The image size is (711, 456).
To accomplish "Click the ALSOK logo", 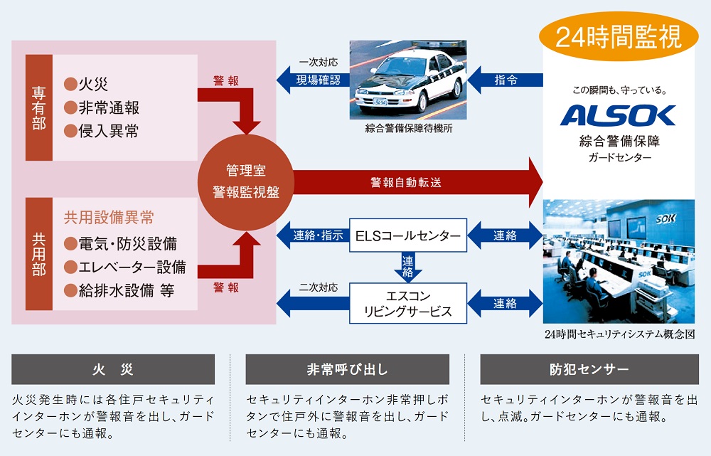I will coord(617,115).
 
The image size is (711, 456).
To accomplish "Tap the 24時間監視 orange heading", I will coord(618,36).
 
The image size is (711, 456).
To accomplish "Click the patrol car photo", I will coord(407,79).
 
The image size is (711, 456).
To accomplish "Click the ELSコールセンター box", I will coord(407,235).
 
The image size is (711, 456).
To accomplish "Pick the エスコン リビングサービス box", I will coord(407,303).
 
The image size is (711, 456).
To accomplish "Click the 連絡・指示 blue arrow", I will coord(312,235).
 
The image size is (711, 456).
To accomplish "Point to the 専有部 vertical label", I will coord(38,108).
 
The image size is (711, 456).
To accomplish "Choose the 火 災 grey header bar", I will coord(113,370).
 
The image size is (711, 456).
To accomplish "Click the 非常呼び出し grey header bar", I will coord(347,370).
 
